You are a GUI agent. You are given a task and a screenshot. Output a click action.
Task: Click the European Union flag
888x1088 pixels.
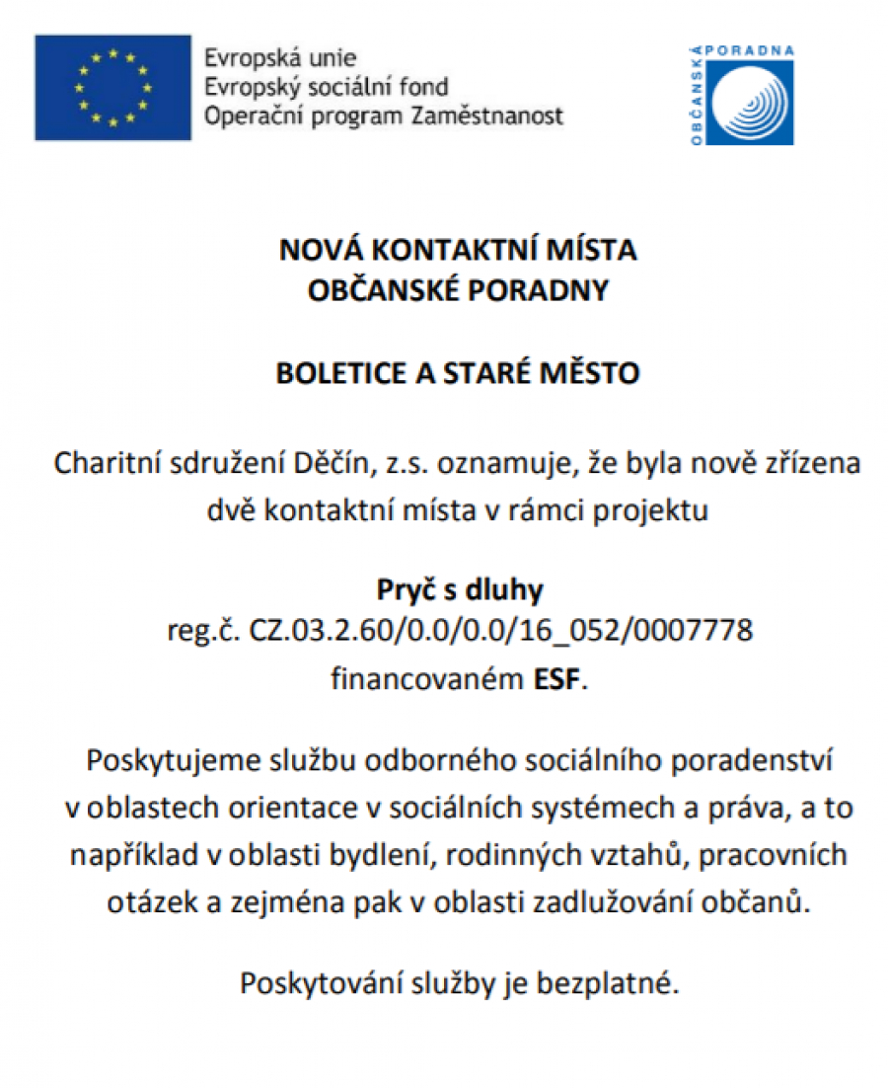[112, 88]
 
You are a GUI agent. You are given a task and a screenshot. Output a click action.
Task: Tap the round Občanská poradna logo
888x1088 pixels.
[756, 104]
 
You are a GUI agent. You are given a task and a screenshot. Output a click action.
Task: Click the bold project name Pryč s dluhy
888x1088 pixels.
[460, 590]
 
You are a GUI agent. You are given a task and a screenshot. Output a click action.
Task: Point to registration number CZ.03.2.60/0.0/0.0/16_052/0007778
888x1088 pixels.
[501, 630]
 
